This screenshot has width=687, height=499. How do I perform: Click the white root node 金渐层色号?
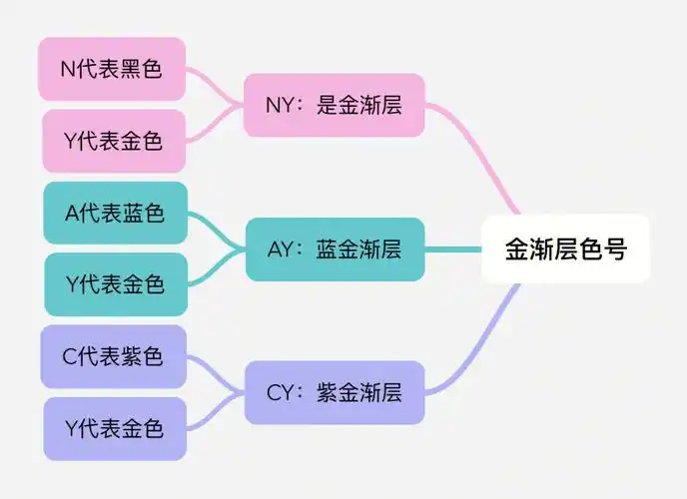[565, 249]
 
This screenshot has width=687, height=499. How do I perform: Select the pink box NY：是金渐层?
[335, 105]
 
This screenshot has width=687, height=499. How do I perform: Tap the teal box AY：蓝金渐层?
[335, 249]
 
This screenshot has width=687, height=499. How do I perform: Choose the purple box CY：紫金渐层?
[335, 393]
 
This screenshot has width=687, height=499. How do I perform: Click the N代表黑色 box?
[112, 69]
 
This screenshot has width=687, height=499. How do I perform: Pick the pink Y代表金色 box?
[114, 141]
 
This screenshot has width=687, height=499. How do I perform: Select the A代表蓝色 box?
[115, 213]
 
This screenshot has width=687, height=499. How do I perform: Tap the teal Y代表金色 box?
[115, 284]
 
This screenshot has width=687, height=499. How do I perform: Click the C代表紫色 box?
[113, 356]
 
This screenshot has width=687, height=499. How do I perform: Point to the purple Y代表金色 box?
[114, 429]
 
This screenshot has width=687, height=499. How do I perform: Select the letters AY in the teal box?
[281, 249]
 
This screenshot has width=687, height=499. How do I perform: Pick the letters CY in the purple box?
[280, 393]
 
